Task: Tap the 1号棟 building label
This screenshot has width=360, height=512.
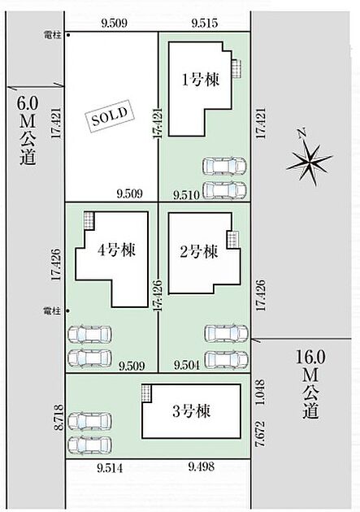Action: coord(201,80)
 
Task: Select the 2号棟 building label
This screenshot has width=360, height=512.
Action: coord(199,252)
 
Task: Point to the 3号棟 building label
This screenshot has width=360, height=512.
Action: coord(191,411)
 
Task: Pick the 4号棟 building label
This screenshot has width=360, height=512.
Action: coord(116,250)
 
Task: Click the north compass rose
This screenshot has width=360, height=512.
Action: coord(309,158)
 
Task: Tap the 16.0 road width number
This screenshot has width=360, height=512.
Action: coord(310,357)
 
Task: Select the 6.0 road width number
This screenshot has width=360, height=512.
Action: coord(28,104)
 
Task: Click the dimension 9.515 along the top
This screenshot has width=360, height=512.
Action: coord(205,24)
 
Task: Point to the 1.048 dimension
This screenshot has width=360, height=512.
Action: coord(260,393)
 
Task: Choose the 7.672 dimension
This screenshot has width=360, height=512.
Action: coord(260,434)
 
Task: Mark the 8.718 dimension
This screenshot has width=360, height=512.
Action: coord(59,419)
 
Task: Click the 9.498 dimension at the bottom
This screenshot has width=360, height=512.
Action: coord(202,466)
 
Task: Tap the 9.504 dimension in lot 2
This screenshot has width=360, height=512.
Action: coord(187,365)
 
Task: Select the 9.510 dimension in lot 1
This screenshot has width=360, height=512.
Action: coord(186,195)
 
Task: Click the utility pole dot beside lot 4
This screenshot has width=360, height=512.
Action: coord(68,310)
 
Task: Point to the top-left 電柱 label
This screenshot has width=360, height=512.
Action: coord(52,35)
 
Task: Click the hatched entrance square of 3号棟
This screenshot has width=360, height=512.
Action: coord(146,393)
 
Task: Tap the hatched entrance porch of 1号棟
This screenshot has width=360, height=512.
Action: coord(236,68)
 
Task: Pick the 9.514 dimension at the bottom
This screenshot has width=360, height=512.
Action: coord(111,468)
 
